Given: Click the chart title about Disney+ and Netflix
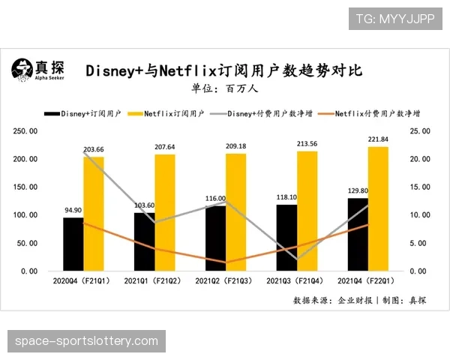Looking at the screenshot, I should coord(223,70).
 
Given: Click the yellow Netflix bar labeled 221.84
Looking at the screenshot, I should coord(379,208).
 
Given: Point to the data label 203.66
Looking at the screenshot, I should coord(94,149).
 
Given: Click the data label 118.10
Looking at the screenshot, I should coord(287,198).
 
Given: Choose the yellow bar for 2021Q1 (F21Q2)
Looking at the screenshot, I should coord(165,212).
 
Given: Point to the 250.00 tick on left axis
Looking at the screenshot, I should coord(25,130).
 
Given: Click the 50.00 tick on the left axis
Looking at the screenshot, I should coord(27,243).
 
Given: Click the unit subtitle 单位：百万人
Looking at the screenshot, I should coord(224,88).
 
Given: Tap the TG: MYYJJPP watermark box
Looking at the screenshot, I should coord(395,18).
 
